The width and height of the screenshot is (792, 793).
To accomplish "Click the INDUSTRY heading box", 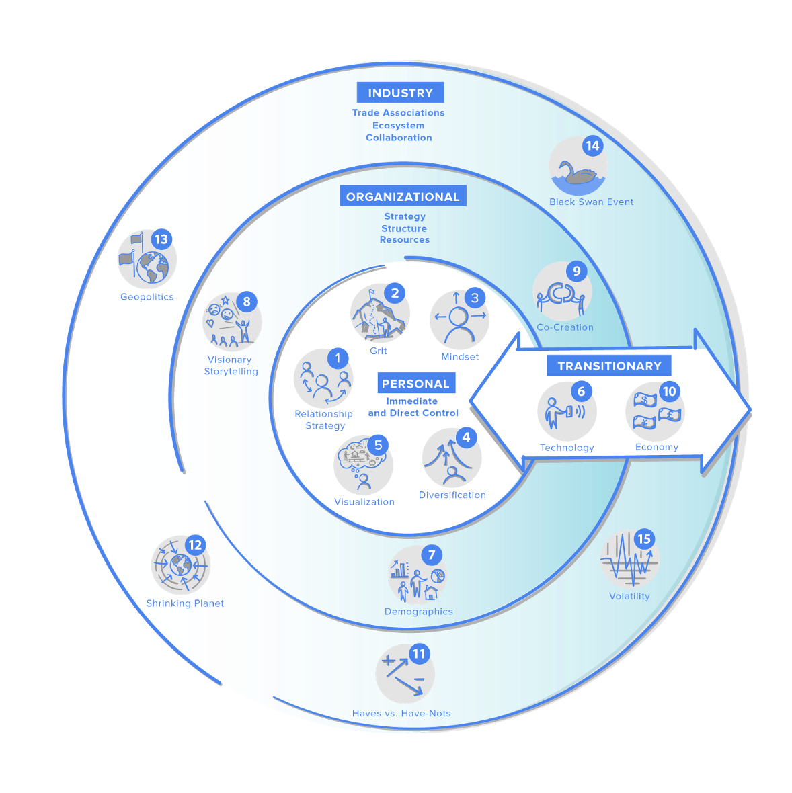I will point(400,93).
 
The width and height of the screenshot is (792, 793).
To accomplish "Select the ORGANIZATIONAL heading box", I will point(403,197).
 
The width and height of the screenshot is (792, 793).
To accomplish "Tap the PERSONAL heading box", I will point(415,384).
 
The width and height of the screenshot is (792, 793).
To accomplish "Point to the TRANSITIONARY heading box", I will point(609,366).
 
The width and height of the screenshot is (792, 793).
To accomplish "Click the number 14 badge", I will point(592,146).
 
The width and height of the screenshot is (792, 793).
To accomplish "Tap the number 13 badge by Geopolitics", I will point(161,239).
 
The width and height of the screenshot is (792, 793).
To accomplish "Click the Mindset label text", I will point(460,357).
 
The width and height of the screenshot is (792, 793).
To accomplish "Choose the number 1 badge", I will point(338,358).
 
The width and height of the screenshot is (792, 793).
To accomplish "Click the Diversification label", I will point(452,495).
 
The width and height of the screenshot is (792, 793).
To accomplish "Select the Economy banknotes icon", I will point(656,412).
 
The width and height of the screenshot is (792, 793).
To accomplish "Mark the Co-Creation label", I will point(565,327).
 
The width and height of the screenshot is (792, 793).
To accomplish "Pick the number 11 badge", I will point(419,654).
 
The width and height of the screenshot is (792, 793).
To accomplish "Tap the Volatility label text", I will point(629,596).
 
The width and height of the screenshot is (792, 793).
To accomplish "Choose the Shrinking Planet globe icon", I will point(180,565).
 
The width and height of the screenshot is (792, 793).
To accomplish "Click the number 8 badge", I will point(247,302).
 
